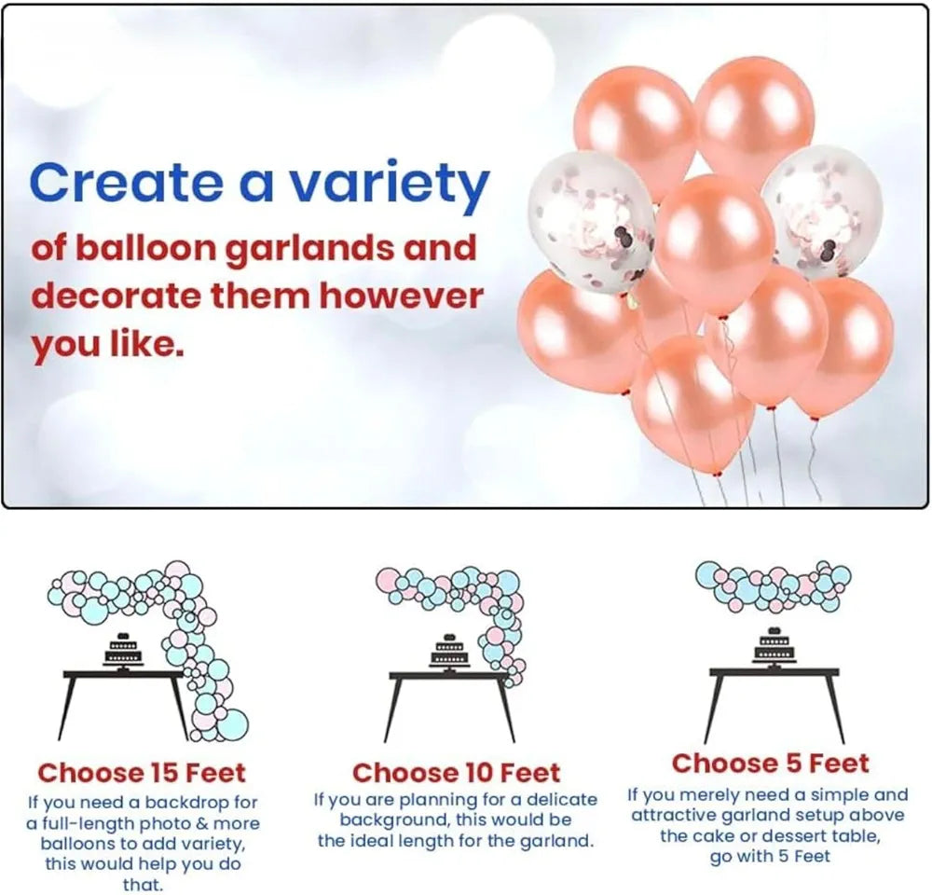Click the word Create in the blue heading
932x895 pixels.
click(x=126, y=182)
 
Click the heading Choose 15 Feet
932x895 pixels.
click(x=142, y=773)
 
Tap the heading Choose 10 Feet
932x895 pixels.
click(x=456, y=773)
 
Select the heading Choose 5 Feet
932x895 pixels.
click(x=771, y=763)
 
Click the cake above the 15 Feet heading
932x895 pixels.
click(x=123, y=651)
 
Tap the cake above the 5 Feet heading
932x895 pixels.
click(x=774, y=646)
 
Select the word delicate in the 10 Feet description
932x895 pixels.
click(x=562, y=799)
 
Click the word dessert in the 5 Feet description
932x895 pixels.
click(x=798, y=835)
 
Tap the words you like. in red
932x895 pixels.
click(x=107, y=344)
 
